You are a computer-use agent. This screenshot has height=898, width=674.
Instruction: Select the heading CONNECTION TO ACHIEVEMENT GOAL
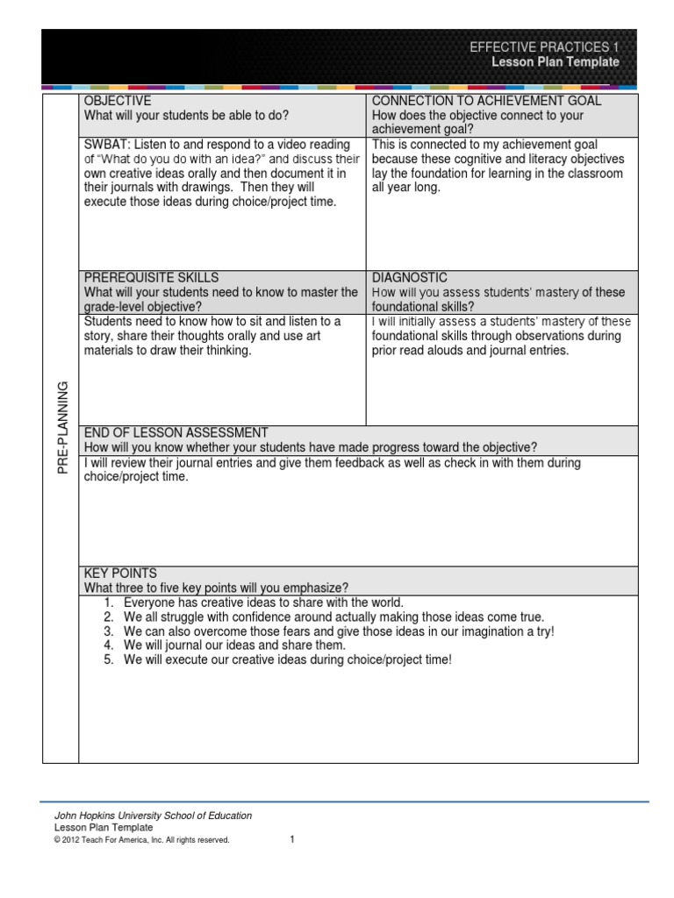tap(486, 102)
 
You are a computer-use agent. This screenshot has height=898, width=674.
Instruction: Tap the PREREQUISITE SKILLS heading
tap(151, 278)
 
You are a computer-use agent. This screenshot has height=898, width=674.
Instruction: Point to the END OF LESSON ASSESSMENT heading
tap(176, 433)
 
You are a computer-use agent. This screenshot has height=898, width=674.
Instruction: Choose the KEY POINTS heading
tap(120, 574)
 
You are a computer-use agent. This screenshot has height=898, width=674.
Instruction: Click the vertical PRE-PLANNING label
tap(62, 429)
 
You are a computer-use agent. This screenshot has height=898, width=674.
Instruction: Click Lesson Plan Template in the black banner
tap(555, 62)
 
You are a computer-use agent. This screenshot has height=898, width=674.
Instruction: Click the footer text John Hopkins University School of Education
tap(153, 816)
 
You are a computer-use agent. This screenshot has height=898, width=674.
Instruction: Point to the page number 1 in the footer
tap(292, 839)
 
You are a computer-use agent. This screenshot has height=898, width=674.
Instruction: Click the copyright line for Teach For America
tap(141, 840)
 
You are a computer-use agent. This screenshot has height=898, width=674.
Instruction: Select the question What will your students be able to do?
tap(186, 116)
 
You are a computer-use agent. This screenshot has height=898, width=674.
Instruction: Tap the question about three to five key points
tap(216, 588)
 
